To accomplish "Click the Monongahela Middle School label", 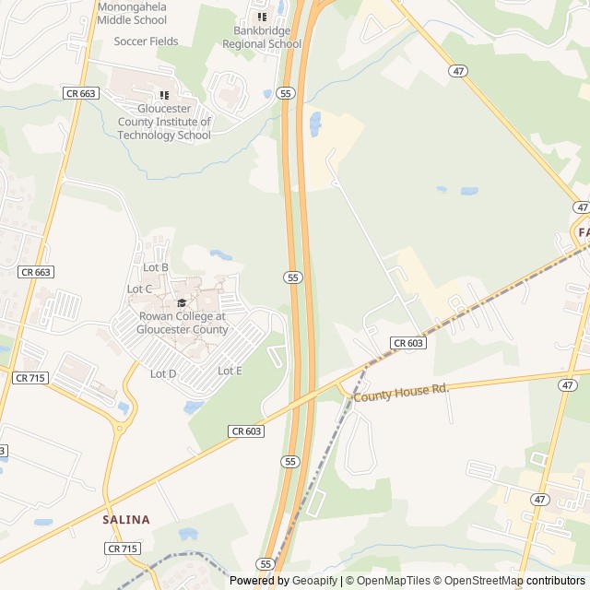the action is click(x=132, y=13).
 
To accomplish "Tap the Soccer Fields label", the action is click(x=147, y=41).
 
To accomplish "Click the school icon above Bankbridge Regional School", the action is click(x=262, y=17).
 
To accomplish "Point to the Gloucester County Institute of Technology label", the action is click(x=164, y=122).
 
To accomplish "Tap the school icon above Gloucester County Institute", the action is click(x=164, y=94).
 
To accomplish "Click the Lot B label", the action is click(x=156, y=267).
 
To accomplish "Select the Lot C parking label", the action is click(x=139, y=289).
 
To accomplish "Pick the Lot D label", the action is click(x=163, y=373).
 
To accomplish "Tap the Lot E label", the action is click(x=230, y=371).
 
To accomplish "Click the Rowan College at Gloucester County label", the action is click(x=183, y=323).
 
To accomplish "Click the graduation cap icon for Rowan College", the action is click(x=182, y=302).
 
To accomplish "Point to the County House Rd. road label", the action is click(x=401, y=391).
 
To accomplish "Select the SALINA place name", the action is click(x=125, y=519).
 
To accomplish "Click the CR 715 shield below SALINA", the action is click(x=123, y=549).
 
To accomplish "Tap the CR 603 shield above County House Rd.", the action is click(x=407, y=343).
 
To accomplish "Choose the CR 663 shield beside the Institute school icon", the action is click(x=81, y=93).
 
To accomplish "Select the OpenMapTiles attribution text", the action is click(x=394, y=581).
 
